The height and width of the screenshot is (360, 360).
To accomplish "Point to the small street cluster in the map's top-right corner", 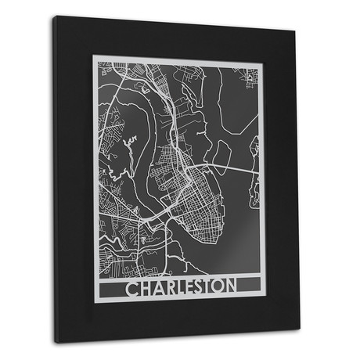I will click(x=250, y=76).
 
